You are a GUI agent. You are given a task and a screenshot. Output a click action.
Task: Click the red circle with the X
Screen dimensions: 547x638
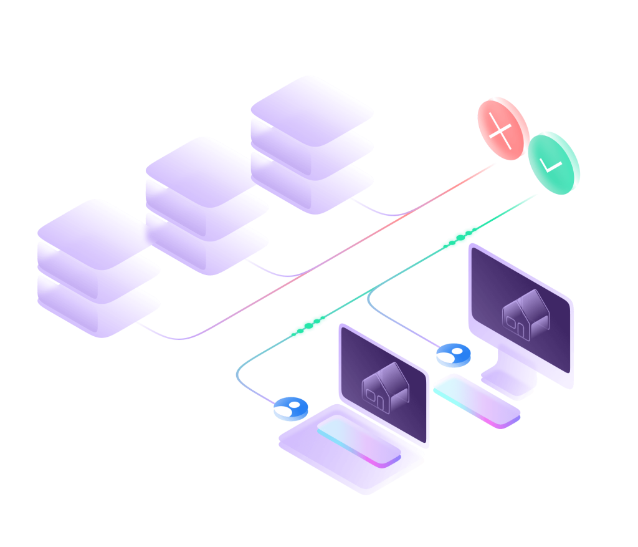[x=503, y=128]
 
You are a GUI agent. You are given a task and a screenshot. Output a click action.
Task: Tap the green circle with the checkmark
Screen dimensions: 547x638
[x=554, y=163]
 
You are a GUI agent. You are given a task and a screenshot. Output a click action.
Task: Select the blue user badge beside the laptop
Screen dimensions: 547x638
[x=291, y=409]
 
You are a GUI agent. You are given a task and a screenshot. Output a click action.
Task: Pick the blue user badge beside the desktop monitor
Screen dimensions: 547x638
[x=453, y=354]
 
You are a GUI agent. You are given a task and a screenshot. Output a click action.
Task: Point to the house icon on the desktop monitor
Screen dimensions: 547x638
[x=525, y=315]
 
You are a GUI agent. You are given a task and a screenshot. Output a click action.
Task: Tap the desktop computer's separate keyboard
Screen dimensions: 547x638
[x=477, y=400]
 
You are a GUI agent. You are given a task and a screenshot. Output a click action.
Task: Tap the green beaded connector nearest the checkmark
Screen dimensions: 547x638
[x=460, y=238]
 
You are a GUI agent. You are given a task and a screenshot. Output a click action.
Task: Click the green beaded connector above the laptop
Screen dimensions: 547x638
[x=308, y=326]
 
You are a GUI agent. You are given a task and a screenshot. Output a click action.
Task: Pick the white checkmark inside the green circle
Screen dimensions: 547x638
[x=551, y=165]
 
